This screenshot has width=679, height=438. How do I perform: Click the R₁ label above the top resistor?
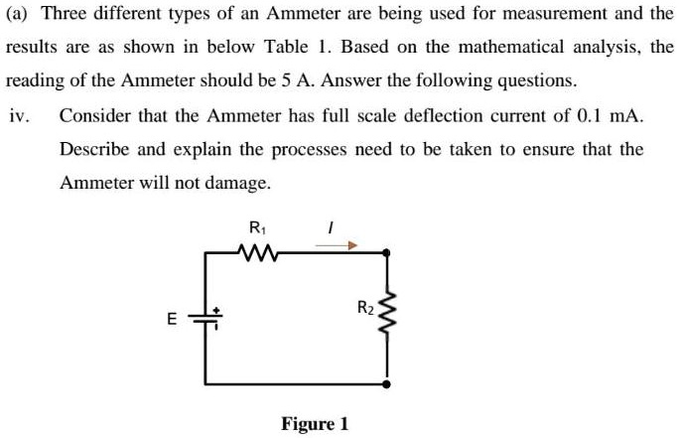pos(257,227)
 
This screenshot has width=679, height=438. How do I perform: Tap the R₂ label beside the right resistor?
pos(364,308)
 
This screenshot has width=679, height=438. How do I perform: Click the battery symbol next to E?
pos(207,319)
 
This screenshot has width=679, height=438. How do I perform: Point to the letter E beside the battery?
pos(171,319)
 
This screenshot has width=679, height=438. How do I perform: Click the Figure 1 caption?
pos(315,424)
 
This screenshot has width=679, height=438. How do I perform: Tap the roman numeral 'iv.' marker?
pos(19,115)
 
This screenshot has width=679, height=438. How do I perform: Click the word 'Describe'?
pos(94,150)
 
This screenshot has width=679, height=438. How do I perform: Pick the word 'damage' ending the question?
pos(238,184)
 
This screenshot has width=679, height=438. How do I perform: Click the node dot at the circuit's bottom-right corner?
pos(387,382)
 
